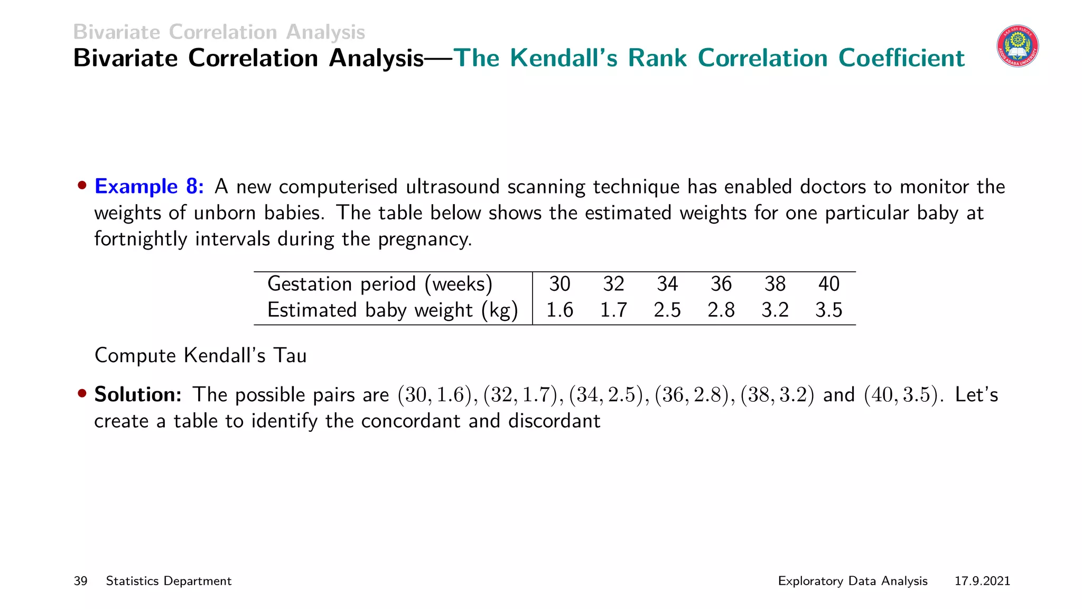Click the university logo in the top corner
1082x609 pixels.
click(1018, 47)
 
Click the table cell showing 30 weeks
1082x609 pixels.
click(559, 284)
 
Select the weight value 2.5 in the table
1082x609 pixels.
click(667, 310)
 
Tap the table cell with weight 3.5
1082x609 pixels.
click(828, 310)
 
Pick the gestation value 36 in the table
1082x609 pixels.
click(721, 284)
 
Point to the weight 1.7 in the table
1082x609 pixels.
click(613, 310)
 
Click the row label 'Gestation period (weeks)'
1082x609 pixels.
click(380, 284)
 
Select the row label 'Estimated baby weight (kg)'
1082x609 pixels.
click(393, 310)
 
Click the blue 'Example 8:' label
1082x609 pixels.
click(149, 187)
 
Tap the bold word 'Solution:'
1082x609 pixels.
click(138, 395)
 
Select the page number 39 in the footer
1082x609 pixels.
click(80, 581)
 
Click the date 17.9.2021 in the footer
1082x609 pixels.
click(982, 581)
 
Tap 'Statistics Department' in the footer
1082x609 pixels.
click(169, 581)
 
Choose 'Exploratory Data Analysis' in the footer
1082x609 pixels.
click(853, 581)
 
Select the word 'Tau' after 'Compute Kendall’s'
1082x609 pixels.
click(290, 356)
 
